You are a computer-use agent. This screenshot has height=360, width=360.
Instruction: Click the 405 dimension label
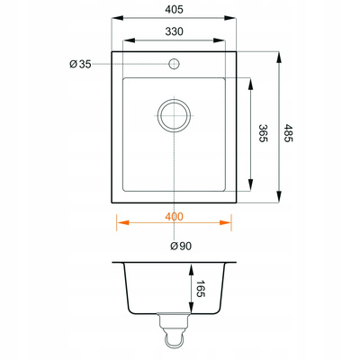tap(174, 10)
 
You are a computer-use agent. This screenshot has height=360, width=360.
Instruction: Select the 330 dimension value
tap(174, 31)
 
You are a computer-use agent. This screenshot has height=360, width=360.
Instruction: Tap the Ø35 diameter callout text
tap(80, 64)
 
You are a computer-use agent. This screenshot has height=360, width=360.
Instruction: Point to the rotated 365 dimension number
tap(263, 133)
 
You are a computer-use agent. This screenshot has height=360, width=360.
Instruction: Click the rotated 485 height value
tap(288, 133)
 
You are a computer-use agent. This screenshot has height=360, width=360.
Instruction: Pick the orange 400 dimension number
tap(174, 217)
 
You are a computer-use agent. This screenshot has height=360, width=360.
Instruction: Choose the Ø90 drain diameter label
tap(181, 247)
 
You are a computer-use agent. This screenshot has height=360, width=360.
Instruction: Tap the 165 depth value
tap(200, 289)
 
